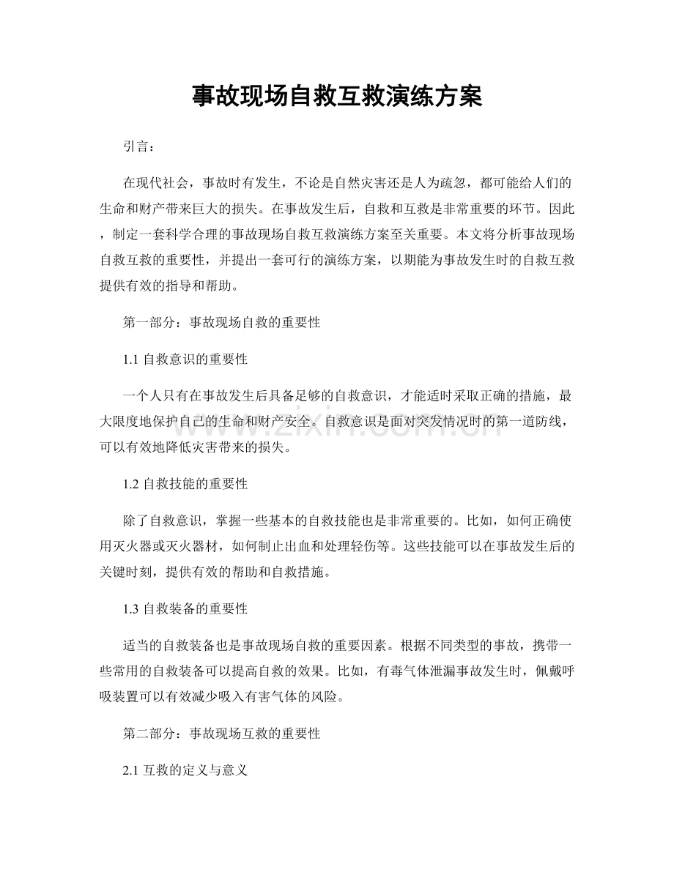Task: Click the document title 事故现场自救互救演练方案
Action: [x=337, y=97]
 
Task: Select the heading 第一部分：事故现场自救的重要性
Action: [x=221, y=321]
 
